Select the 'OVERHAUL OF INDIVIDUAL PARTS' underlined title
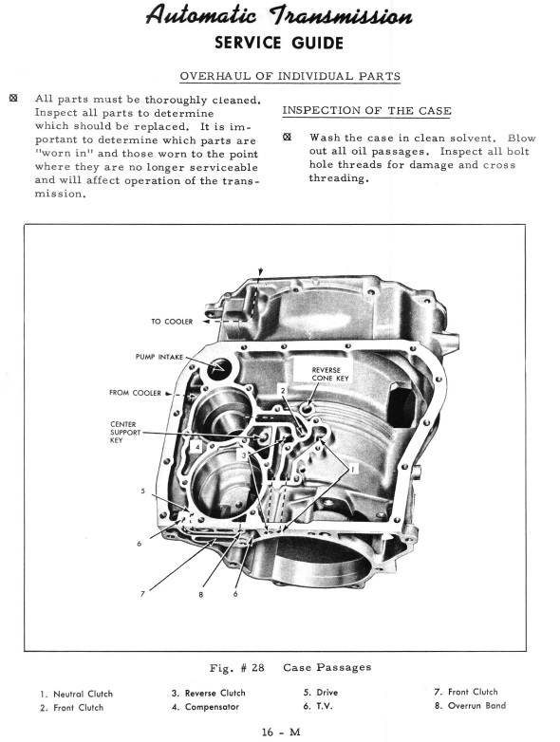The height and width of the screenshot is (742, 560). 289,76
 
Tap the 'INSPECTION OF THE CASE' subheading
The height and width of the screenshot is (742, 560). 360,111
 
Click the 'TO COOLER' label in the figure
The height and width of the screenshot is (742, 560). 172,321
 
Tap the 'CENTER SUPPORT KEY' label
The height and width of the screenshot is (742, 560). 125,432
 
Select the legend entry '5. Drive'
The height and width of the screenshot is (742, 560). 320,693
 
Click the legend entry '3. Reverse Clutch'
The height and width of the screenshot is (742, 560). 208,693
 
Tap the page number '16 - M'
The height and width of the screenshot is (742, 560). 281,731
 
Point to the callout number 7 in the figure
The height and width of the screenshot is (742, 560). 142,594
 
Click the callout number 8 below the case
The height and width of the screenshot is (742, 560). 201,595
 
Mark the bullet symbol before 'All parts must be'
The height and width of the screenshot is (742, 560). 13,99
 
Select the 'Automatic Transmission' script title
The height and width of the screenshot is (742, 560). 278,16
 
